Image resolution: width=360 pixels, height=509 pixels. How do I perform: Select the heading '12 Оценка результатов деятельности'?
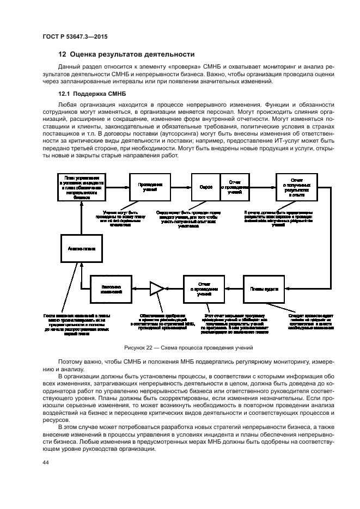[126, 54]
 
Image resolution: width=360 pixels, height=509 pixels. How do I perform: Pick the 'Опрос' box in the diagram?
[205, 187]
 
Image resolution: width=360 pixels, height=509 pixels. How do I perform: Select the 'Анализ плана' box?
[81, 248]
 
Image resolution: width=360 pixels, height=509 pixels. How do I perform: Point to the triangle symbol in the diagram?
[157, 289]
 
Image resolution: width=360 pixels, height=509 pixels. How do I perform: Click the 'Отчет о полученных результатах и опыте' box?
[297, 187]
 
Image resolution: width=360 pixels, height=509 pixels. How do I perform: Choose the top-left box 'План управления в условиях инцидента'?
[81, 187]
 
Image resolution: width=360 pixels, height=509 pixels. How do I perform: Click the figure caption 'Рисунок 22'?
[180, 347]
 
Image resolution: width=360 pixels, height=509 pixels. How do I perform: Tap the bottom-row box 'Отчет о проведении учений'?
[204, 289]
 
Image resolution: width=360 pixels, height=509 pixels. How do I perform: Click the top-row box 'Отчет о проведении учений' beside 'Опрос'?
[235, 187]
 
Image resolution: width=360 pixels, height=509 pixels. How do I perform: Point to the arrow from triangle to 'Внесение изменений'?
[139, 289]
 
